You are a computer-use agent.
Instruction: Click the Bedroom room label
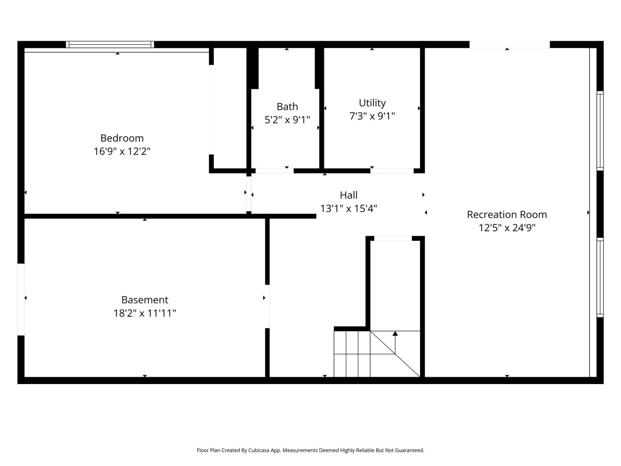pyautogui.click(x=122, y=138)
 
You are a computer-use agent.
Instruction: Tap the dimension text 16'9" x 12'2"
pyautogui.click(x=122, y=151)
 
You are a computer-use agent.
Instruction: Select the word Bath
pyautogui.click(x=287, y=106)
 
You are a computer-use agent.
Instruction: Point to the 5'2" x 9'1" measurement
pyautogui.click(x=287, y=120)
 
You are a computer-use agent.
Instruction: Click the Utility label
pyautogui.click(x=372, y=103)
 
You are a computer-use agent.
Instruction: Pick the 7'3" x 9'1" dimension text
pyautogui.click(x=372, y=116)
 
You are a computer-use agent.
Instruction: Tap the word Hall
pyautogui.click(x=348, y=195)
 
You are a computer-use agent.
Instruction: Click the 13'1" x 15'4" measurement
pyautogui.click(x=348, y=208)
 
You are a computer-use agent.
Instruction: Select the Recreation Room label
pyautogui.click(x=507, y=215)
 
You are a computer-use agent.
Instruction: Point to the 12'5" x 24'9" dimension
pyautogui.click(x=507, y=228)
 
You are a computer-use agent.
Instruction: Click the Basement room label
pyautogui.click(x=145, y=300)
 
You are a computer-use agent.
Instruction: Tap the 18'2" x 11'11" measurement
pyautogui.click(x=145, y=313)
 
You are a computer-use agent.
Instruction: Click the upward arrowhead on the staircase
pyautogui.click(x=395, y=334)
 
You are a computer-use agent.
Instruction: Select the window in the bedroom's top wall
pyautogui.click(x=110, y=45)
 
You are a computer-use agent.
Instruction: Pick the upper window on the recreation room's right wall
pyautogui.click(x=600, y=131)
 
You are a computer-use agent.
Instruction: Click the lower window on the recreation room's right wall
pyautogui.click(x=600, y=277)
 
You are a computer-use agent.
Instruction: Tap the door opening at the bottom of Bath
pyautogui.click(x=275, y=171)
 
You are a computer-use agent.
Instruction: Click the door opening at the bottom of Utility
pyautogui.click(x=392, y=171)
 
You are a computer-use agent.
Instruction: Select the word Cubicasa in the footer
pyautogui.click(x=259, y=450)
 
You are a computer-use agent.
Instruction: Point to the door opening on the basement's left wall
pyautogui.click(x=21, y=299)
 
